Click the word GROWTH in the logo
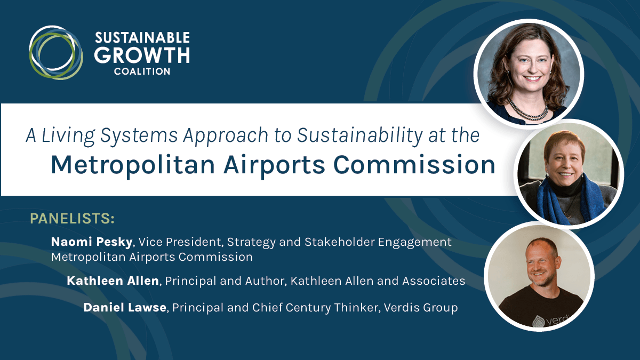142,55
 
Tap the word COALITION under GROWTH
142,71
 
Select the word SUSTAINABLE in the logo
142,38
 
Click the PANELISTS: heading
73,219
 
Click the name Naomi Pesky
92,242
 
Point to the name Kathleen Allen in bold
113,281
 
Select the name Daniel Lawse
125,308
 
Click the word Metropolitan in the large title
133,165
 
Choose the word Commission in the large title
414,165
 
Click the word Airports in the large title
274,165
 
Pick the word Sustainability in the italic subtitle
359,135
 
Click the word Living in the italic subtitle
68,135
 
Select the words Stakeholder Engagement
378,242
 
